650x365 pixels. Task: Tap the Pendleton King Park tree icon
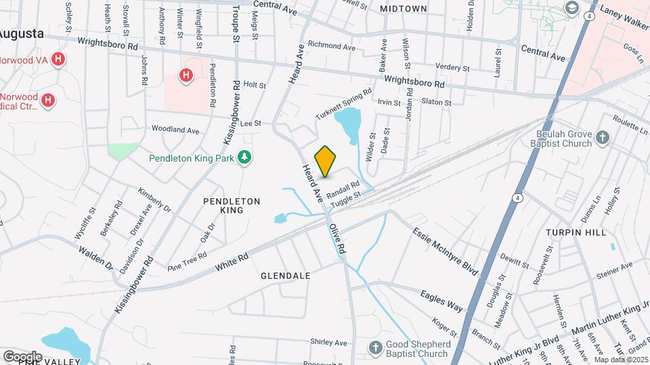(245, 158)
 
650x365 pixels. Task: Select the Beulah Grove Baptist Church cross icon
(603, 139)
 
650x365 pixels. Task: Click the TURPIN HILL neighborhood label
(576, 232)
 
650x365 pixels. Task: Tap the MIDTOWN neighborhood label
(404, 9)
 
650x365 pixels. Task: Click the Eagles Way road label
(441, 301)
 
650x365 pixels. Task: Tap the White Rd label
(232, 263)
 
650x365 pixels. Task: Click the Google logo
(22, 356)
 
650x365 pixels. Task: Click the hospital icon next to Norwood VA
(58, 59)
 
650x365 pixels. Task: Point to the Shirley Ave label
(328, 343)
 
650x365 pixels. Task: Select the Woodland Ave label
(175, 129)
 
